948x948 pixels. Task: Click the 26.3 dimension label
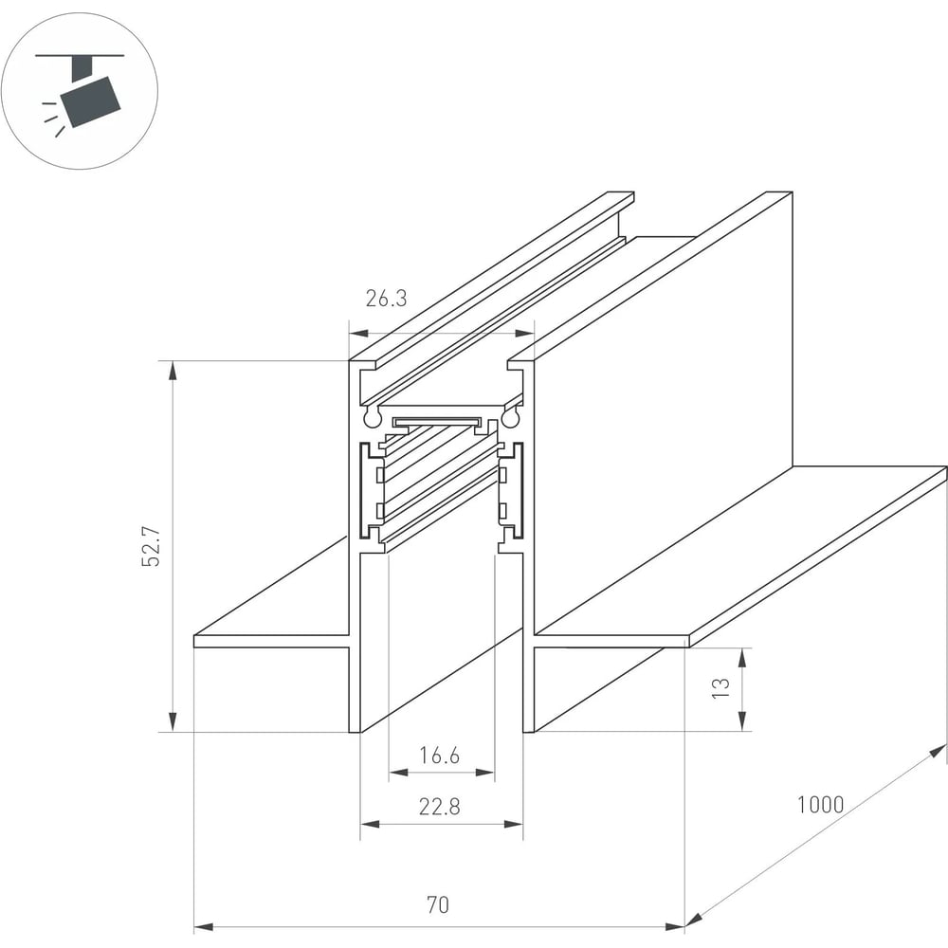point(387,298)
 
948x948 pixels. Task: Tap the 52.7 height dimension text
point(151,547)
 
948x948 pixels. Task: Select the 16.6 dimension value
point(440,756)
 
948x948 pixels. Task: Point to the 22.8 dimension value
point(440,807)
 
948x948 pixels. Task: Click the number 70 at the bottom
point(438,905)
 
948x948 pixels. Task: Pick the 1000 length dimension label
point(820,805)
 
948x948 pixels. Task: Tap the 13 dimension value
point(720,688)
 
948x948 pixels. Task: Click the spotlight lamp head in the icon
point(91,101)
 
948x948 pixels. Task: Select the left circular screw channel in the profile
point(372,416)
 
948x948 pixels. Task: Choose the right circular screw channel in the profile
point(510,416)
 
